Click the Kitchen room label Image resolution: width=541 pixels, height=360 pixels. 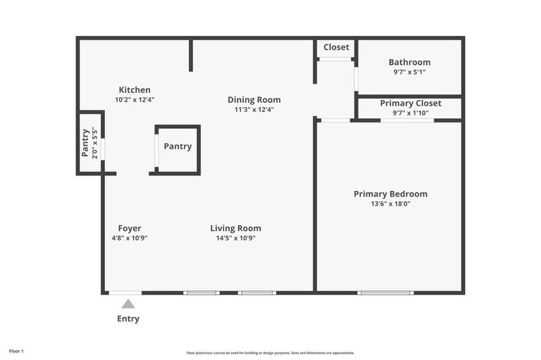[134, 89]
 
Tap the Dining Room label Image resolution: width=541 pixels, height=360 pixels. [254, 99]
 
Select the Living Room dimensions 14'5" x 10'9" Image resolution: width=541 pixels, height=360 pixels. [235, 238]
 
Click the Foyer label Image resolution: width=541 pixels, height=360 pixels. [130, 228]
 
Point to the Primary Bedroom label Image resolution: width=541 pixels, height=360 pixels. [390, 194]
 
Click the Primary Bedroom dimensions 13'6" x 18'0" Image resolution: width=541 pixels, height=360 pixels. [390, 204]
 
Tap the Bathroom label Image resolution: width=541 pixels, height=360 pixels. [409, 62]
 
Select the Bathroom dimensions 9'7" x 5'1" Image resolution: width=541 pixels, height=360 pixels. [409, 72]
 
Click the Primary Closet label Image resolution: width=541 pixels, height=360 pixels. [411, 103]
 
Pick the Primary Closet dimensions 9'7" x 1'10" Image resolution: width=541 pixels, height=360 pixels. [411, 113]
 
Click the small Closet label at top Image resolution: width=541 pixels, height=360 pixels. [336, 47]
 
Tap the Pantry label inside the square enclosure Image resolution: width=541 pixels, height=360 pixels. [178, 147]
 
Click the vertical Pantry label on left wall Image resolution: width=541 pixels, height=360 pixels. [85, 142]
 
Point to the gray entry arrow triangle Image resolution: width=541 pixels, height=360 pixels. [128, 304]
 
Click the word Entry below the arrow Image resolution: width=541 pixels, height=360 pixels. [128, 318]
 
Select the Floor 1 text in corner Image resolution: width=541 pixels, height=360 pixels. [16, 351]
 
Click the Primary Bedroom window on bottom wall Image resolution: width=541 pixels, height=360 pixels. [385, 292]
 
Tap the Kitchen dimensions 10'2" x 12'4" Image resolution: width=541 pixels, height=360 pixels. [134, 99]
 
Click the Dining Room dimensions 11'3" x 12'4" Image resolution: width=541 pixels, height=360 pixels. [254, 109]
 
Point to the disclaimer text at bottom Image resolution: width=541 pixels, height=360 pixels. [270, 353]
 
